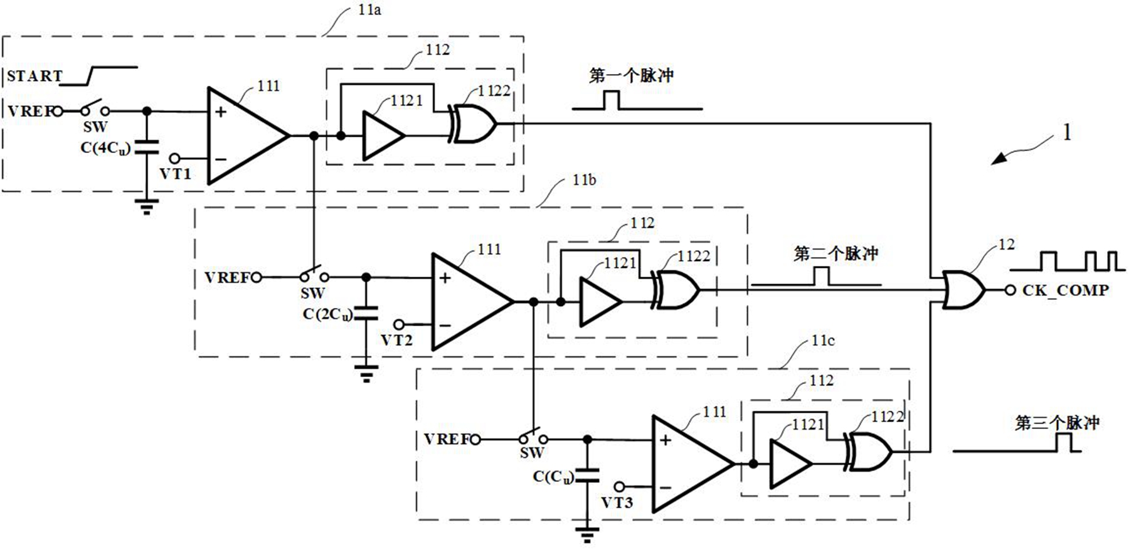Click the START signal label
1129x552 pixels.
tap(34, 76)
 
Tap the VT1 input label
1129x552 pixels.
tap(175, 174)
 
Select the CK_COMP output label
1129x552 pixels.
tap(1065, 290)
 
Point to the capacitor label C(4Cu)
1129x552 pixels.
tap(105, 149)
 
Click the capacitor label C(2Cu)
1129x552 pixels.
tap(327, 314)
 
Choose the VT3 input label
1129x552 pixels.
tap(617, 503)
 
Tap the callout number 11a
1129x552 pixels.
tap(369, 11)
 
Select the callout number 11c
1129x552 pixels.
tap(823, 341)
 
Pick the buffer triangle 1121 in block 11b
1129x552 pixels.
tap(600, 302)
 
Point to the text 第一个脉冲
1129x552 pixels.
tap(631, 76)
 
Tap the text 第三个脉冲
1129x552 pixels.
tap(1057, 423)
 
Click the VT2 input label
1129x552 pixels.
tap(396, 341)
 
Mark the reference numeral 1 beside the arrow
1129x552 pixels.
tap(1067, 132)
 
